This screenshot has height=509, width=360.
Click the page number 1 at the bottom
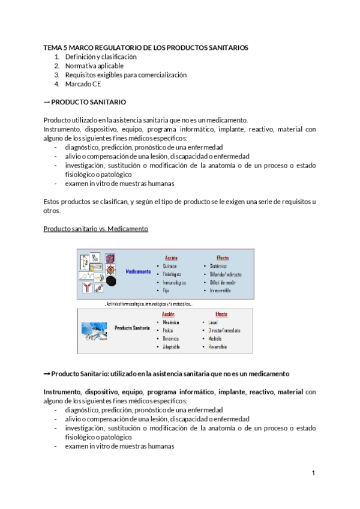tap(313, 474)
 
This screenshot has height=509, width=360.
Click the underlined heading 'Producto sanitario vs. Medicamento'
tap(96, 229)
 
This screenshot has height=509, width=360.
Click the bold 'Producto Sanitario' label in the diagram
tap(132, 328)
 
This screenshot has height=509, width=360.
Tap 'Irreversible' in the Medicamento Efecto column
tap(223, 290)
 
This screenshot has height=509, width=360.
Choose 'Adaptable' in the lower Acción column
tap(173, 347)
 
